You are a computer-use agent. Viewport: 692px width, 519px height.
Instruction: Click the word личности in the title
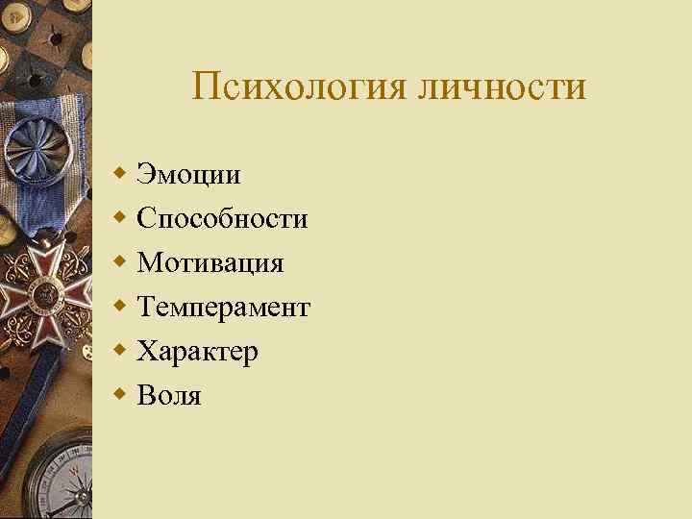(x=501, y=87)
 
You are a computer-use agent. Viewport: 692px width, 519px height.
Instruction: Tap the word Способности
(x=222, y=219)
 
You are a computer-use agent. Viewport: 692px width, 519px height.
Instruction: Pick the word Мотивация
(x=210, y=262)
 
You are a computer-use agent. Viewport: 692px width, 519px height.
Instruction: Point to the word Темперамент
(x=223, y=307)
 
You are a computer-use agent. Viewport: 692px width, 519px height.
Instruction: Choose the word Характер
(x=197, y=351)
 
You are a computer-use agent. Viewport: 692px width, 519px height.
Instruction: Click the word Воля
(x=169, y=395)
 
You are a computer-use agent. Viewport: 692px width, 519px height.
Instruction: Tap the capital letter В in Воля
(x=145, y=395)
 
